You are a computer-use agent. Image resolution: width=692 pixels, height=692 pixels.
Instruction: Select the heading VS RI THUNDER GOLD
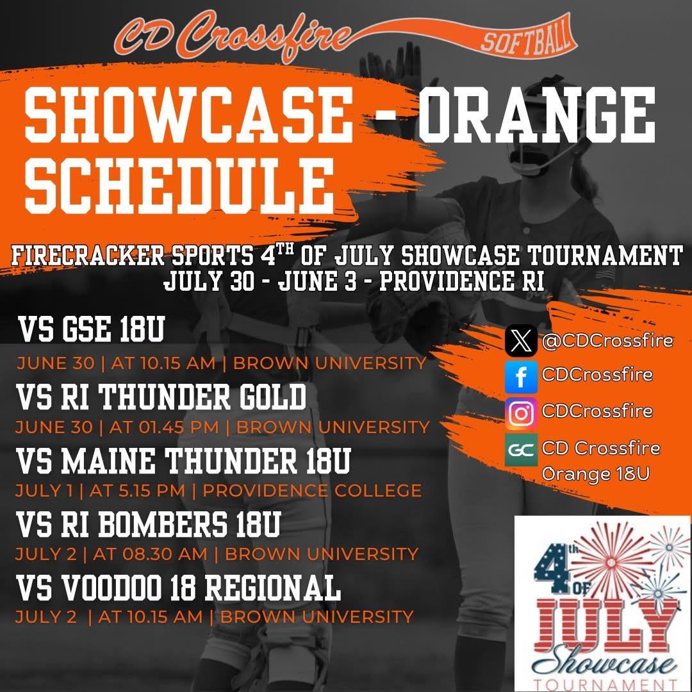161,397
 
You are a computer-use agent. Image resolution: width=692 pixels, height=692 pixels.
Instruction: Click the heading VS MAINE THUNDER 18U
183,461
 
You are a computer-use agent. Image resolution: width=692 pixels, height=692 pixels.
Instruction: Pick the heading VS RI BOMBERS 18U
149,524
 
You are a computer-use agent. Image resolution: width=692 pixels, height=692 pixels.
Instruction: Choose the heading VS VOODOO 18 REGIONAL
178,587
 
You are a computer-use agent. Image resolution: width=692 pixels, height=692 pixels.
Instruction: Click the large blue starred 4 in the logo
560,564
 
